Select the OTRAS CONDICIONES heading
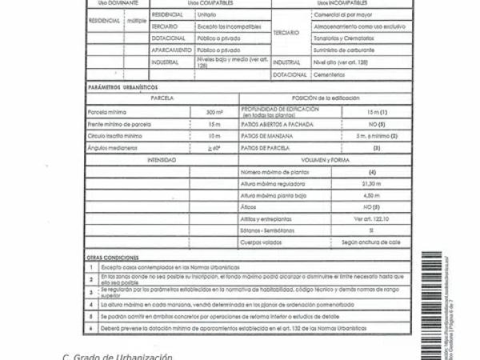click(111, 257)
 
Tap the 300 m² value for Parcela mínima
click(214, 112)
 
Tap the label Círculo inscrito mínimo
click(115, 136)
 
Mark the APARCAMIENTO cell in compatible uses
click(169, 50)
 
